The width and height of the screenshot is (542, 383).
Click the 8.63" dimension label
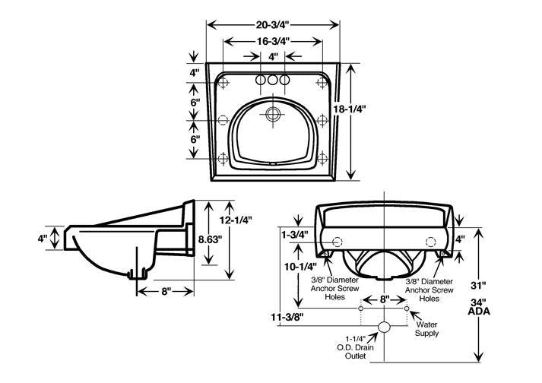pyautogui.click(x=210, y=238)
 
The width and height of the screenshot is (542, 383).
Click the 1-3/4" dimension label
pyautogui.click(x=293, y=236)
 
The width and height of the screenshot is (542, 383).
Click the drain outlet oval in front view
pyautogui.click(x=385, y=328)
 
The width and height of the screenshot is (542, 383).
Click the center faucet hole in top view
pyautogui.click(x=273, y=79)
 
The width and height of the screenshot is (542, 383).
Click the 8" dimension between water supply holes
pyautogui.click(x=385, y=300)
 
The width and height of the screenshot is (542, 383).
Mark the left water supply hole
pyautogui.click(x=362, y=309)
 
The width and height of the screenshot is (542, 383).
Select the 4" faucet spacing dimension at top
pyautogui.click(x=273, y=56)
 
